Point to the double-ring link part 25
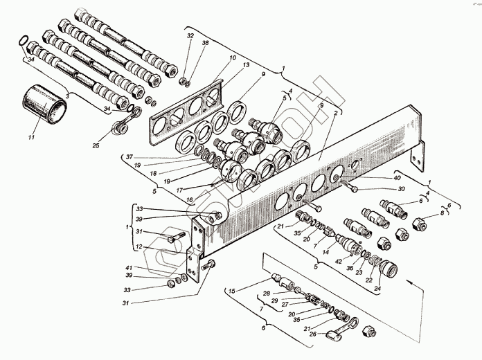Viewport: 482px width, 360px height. coord(125,124)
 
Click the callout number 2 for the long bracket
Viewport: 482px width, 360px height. coord(335,113)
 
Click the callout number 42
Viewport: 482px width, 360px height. coord(337,262)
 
